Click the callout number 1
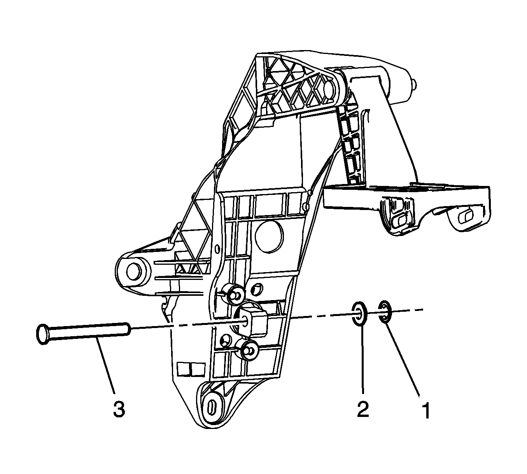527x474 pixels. (x=426, y=411)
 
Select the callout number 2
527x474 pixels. (x=363, y=410)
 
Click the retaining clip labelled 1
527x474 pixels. (x=384, y=311)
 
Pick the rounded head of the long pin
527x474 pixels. (x=42, y=333)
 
